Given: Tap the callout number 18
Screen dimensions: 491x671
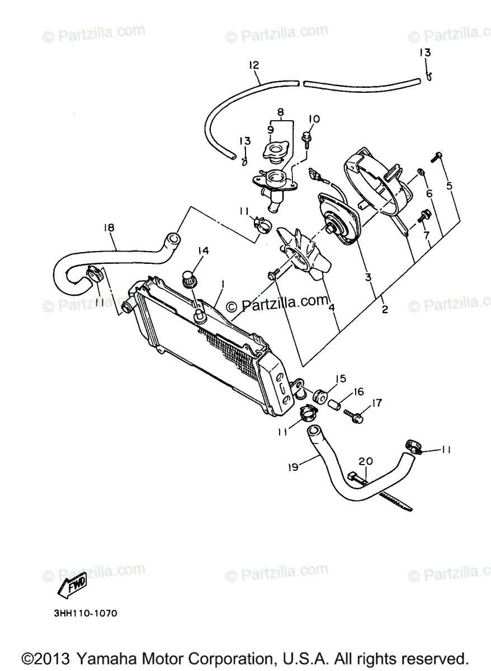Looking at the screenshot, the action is coord(108,228).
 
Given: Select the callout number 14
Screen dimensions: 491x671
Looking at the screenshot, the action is coord(202,251).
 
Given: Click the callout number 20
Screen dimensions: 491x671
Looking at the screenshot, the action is coord(365,461).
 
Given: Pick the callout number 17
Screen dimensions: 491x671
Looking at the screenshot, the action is coord(376,403).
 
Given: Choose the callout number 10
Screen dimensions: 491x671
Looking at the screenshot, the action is coord(313,119).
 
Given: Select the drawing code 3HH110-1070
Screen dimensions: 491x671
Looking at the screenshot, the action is coord(86,613).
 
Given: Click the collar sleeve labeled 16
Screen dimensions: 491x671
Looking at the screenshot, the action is coord(334,405).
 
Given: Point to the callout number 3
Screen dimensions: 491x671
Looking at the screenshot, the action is coord(367,276).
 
